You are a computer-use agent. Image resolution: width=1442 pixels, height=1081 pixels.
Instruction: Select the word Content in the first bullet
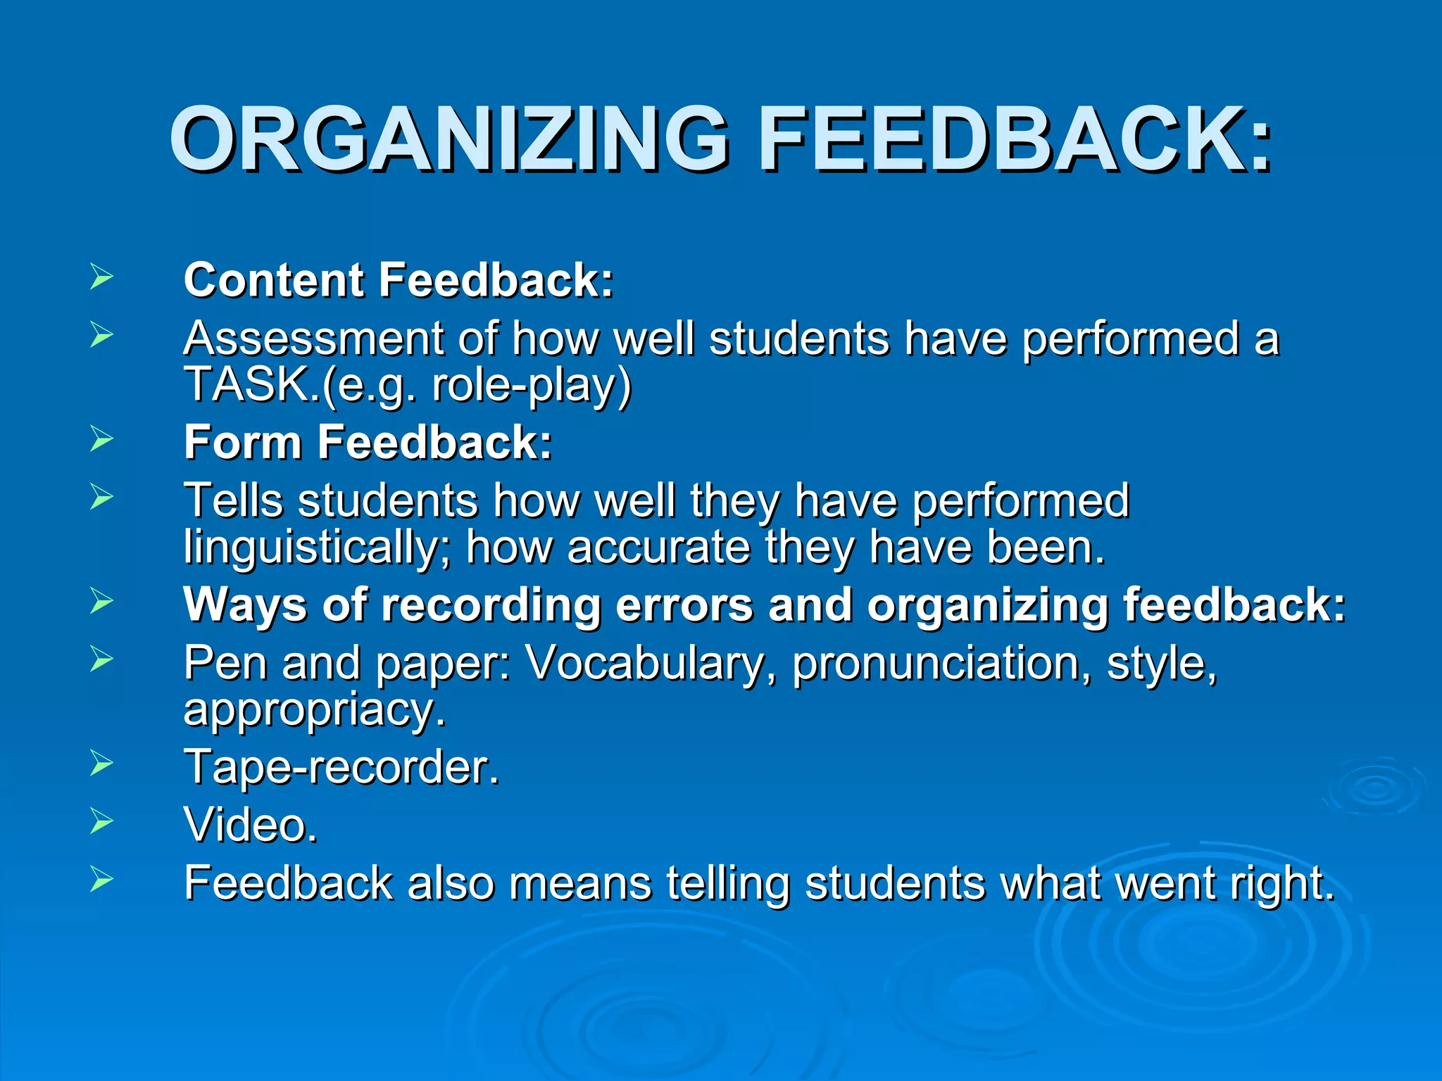pyautogui.click(x=274, y=280)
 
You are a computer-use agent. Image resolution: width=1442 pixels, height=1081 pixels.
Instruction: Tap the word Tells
pyautogui.click(x=232, y=500)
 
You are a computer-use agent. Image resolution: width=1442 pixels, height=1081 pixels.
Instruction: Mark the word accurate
pyautogui.click(x=659, y=548)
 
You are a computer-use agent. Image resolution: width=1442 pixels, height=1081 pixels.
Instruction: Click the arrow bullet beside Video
pyautogui.click(x=101, y=821)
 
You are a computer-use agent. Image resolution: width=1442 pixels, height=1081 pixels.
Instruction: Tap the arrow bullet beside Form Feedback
pyautogui.click(x=101, y=439)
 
